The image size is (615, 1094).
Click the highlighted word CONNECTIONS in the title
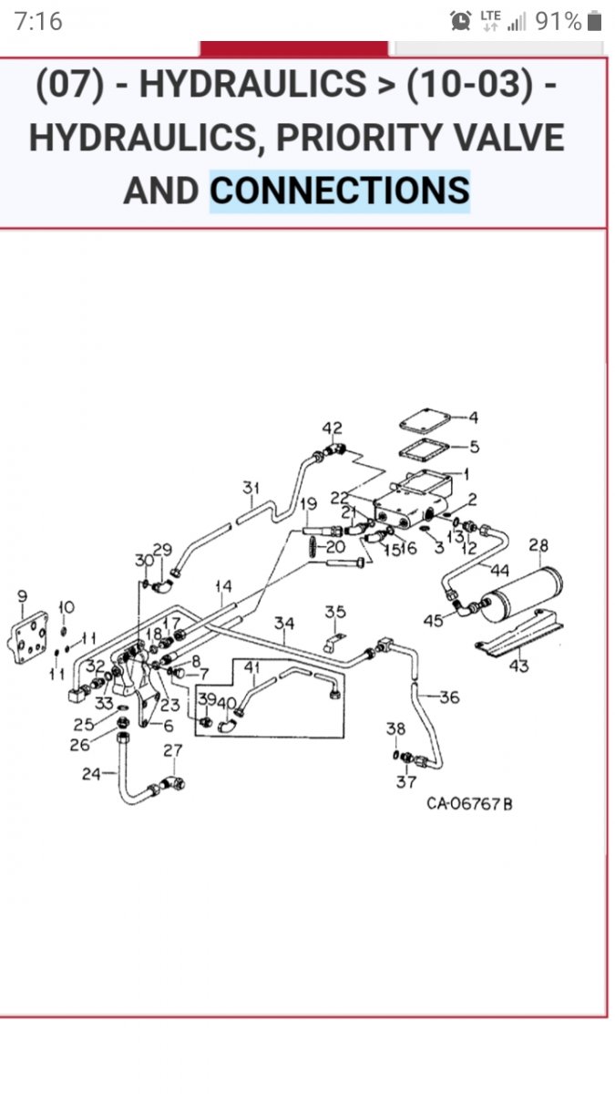(340, 191)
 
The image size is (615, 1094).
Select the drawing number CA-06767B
(469, 804)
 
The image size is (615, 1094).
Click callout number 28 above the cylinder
(538, 546)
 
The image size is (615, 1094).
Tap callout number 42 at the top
(332, 428)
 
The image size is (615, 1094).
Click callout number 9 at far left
(22, 596)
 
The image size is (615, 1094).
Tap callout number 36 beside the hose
(449, 697)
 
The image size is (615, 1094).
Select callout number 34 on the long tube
(284, 624)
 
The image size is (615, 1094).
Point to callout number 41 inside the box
(251, 667)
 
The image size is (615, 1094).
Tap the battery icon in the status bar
(594, 21)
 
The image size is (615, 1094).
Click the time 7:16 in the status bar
(38, 21)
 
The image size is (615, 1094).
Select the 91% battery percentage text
(558, 21)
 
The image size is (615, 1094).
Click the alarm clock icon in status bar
(461, 20)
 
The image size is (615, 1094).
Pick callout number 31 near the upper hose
(251, 489)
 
